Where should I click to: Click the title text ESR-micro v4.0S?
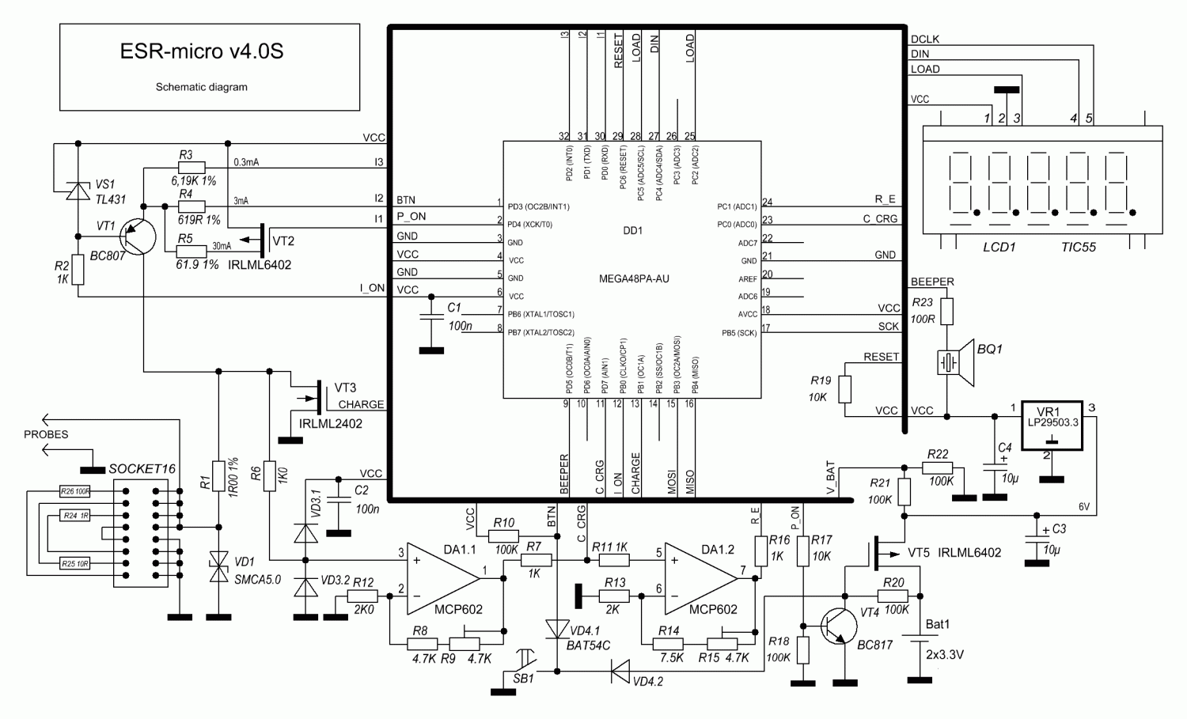coord(201,52)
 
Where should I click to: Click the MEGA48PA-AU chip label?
coord(633,278)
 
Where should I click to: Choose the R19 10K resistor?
coord(845,389)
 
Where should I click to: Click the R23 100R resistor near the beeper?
coord(947,310)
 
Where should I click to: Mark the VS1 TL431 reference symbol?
coord(78,191)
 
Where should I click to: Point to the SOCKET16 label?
coord(142,468)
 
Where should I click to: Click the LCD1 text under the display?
coord(999,247)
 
